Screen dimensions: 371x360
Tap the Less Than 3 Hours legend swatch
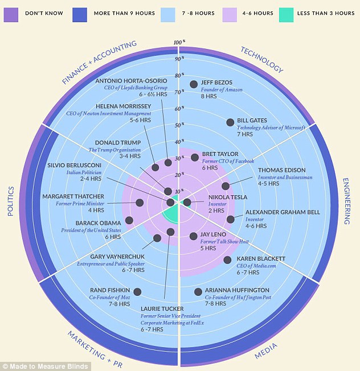pyautogui.click(x=288, y=12)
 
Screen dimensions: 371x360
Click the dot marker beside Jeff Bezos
pyautogui.click(x=194, y=84)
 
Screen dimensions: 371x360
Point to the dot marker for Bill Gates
pyautogui.click(x=230, y=122)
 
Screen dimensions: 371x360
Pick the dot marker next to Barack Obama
pyautogui.click(x=129, y=220)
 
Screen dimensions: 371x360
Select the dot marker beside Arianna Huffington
pyautogui.click(x=198, y=292)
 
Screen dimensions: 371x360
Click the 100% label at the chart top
pyautogui.click(x=178, y=42)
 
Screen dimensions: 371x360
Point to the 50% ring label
pyautogui.click(x=178, y=125)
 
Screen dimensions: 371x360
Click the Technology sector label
pyautogui.click(x=261, y=59)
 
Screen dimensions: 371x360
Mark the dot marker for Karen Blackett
pyautogui.click(x=227, y=260)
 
